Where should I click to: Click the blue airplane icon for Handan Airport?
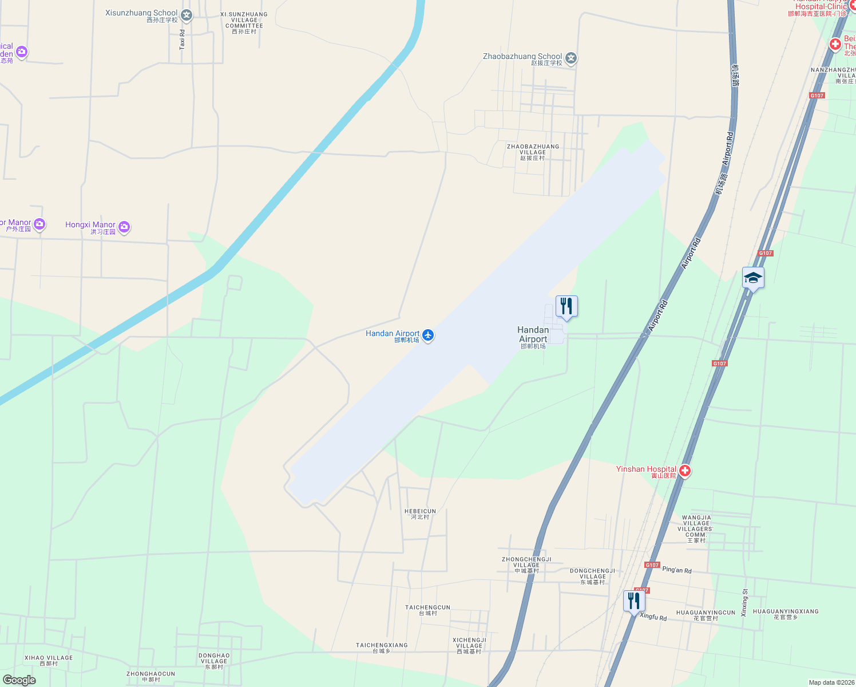click(x=428, y=335)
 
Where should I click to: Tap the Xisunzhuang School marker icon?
click(x=187, y=15)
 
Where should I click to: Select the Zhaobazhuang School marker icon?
click(x=570, y=58)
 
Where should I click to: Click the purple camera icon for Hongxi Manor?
click(x=124, y=227)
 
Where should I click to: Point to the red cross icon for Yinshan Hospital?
click(x=684, y=471)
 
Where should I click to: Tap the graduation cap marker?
click(x=753, y=279)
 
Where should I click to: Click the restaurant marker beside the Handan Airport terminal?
click(x=566, y=306)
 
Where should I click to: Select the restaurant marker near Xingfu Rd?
click(x=634, y=601)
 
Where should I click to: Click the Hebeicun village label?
click(x=420, y=514)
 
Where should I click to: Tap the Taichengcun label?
click(x=427, y=610)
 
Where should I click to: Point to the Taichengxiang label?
click(x=382, y=647)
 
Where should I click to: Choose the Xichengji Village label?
click(x=469, y=645)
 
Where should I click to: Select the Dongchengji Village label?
click(x=592, y=576)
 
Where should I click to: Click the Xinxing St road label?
click(x=744, y=603)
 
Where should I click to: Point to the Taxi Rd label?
click(x=183, y=40)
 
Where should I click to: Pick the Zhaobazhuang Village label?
click(x=533, y=152)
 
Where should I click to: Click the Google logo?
click(x=19, y=680)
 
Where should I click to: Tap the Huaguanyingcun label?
click(x=706, y=615)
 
